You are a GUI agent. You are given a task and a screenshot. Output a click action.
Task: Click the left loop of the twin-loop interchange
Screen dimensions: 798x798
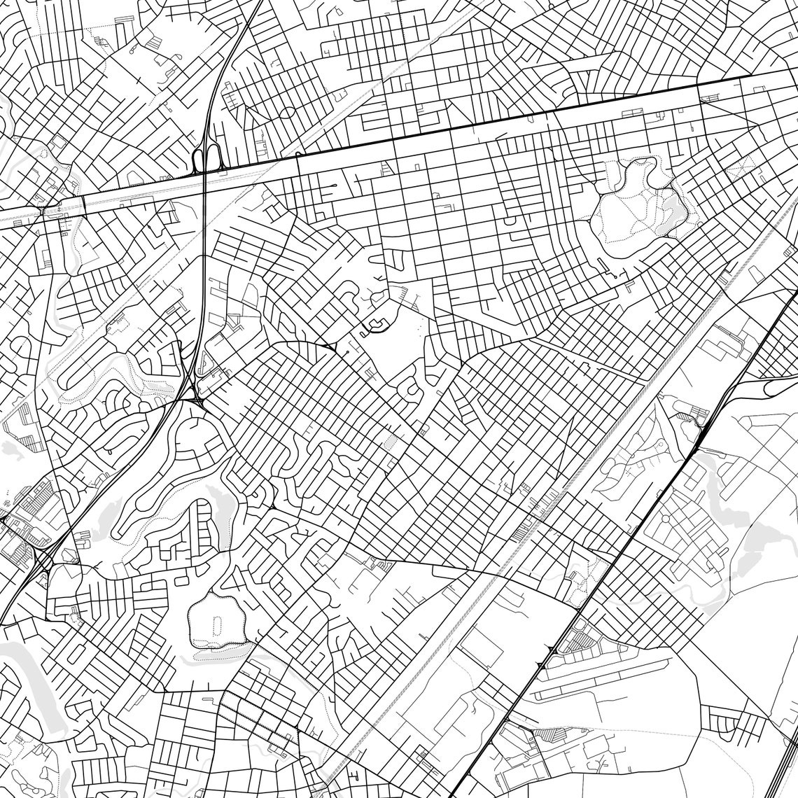tap(197, 160)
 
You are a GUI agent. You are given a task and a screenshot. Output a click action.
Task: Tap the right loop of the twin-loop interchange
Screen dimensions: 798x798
tap(211, 160)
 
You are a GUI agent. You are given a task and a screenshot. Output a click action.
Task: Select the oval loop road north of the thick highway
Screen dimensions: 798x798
tap(288, 112)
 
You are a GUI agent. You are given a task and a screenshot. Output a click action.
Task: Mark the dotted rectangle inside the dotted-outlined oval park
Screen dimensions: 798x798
tap(216, 623)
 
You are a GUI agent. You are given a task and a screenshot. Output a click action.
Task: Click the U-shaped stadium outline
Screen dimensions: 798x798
tap(379, 324)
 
